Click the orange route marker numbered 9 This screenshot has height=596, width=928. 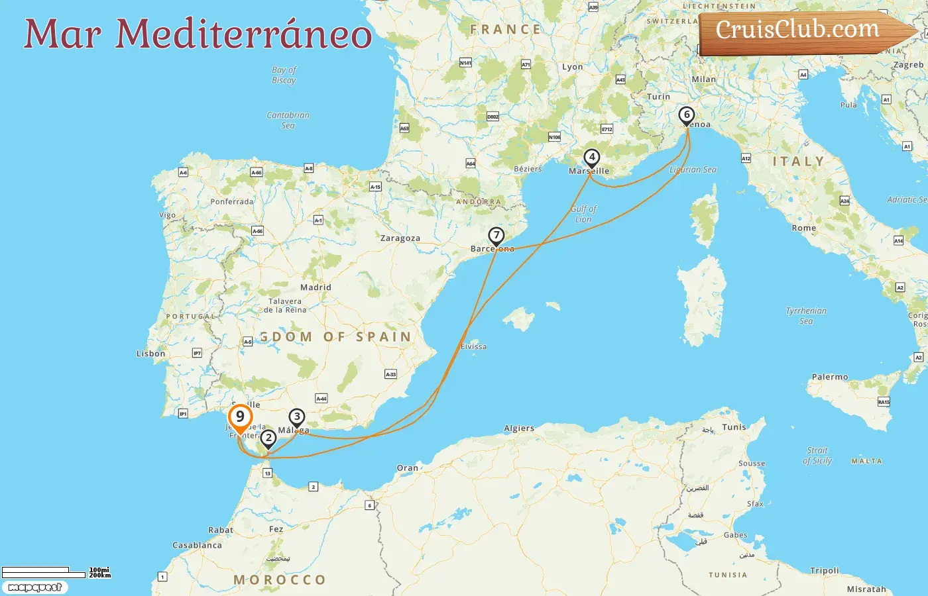[240, 417]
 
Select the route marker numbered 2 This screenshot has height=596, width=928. [268, 438]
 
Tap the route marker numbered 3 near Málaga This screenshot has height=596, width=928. [296, 418]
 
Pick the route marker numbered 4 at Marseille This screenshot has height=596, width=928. [591, 158]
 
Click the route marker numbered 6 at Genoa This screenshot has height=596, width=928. [687, 115]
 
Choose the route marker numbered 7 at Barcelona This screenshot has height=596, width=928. [496, 236]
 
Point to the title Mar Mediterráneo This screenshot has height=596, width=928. [198, 34]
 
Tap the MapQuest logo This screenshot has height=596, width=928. [34, 587]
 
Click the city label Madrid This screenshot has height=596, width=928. [316, 287]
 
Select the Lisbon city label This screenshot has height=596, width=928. [150, 354]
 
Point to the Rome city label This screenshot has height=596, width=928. [803, 228]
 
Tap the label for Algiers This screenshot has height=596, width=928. [519, 428]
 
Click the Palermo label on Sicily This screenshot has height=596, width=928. [829, 377]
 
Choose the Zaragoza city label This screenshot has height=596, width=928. [400, 238]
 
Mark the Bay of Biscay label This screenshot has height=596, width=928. [284, 75]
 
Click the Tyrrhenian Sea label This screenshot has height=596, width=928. [806, 316]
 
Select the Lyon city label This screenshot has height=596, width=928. [572, 67]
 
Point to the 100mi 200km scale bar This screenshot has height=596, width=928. [56, 572]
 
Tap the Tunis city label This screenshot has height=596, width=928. [734, 427]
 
